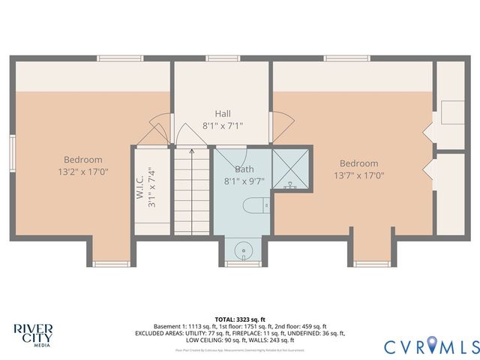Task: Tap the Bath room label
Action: click(244, 169)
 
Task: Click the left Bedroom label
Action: click(82, 160)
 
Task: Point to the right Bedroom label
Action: click(358, 163)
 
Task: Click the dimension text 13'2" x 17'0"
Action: click(82, 171)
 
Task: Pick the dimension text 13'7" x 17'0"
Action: click(358, 175)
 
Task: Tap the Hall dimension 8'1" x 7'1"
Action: click(223, 126)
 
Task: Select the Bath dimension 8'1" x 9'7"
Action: click(244, 181)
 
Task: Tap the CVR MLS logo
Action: click(431, 346)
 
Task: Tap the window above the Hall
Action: click(223, 58)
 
